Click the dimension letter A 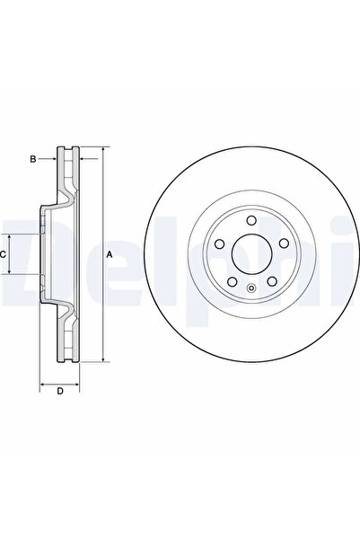pos(110,255)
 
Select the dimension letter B pos(32,159)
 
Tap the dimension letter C pos(4,255)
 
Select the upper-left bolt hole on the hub pos(219,244)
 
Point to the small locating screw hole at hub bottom pos(250,288)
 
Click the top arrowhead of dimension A pos(102,149)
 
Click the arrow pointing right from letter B pos(52,159)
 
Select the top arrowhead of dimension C pos(12,234)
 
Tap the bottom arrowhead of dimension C pos(12,276)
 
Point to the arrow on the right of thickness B pos(86,159)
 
